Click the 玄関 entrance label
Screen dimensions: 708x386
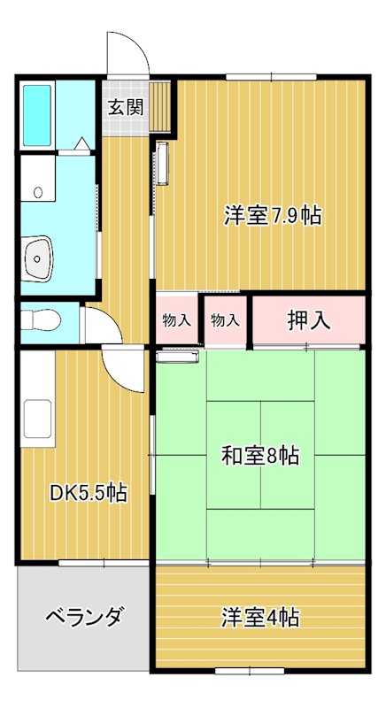pos(126,107)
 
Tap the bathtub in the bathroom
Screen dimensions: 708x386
pos(38,116)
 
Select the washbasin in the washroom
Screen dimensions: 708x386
pos(38,257)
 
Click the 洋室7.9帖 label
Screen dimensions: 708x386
pos(271,214)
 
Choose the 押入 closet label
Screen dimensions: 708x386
pos(309,320)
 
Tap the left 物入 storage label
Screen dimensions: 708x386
pos(177,320)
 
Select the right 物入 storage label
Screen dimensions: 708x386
pos(225,320)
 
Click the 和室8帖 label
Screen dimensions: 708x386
pos(259,457)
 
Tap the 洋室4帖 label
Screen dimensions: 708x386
pos(259,617)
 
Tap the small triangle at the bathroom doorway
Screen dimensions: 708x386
pos(81,142)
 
